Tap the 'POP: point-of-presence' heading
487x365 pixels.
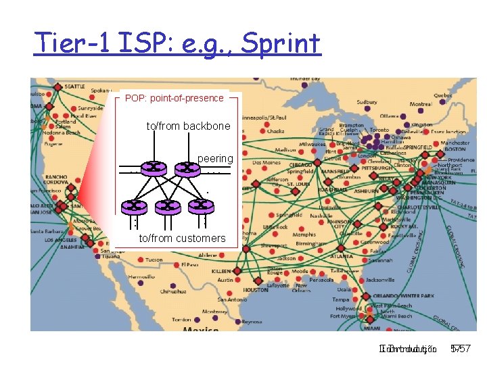click(x=175, y=98)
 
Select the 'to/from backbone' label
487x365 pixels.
click(x=188, y=126)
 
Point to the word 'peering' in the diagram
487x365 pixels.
click(x=215, y=158)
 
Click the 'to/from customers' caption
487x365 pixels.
click(x=182, y=238)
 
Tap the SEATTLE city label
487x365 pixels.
click(x=74, y=87)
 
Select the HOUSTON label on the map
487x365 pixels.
click(x=256, y=289)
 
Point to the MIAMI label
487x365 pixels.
click(x=371, y=328)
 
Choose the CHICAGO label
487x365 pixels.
click(x=300, y=164)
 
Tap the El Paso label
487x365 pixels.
click(x=189, y=265)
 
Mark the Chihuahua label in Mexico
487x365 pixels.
click(x=173, y=291)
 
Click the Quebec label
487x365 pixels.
click(x=442, y=95)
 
